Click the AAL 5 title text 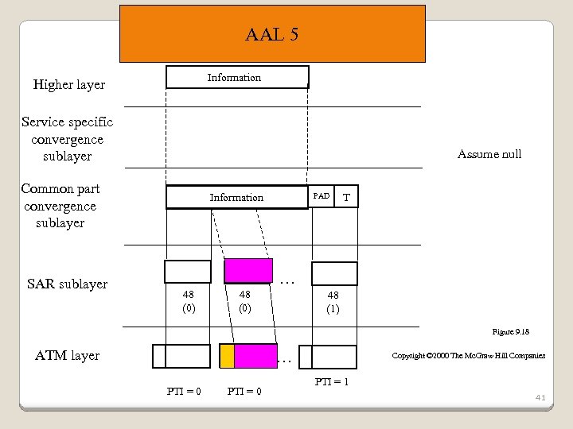click(272, 35)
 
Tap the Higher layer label click(68, 85)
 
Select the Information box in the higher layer click(236, 77)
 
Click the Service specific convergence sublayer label click(68, 139)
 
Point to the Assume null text click(489, 154)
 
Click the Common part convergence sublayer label click(60, 206)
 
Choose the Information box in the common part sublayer click(236, 197)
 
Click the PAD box click(322, 196)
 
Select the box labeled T click(347, 197)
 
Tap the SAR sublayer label click(68, 284)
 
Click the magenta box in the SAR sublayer click(248, 272)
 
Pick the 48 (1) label click(333, 302)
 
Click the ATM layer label click(68, 356)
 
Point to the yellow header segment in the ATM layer click(227, 356)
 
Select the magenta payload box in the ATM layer click(255, 356)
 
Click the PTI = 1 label click(332, 382)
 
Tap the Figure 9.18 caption click(511, 331)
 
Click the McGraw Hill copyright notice click(469, 355)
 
